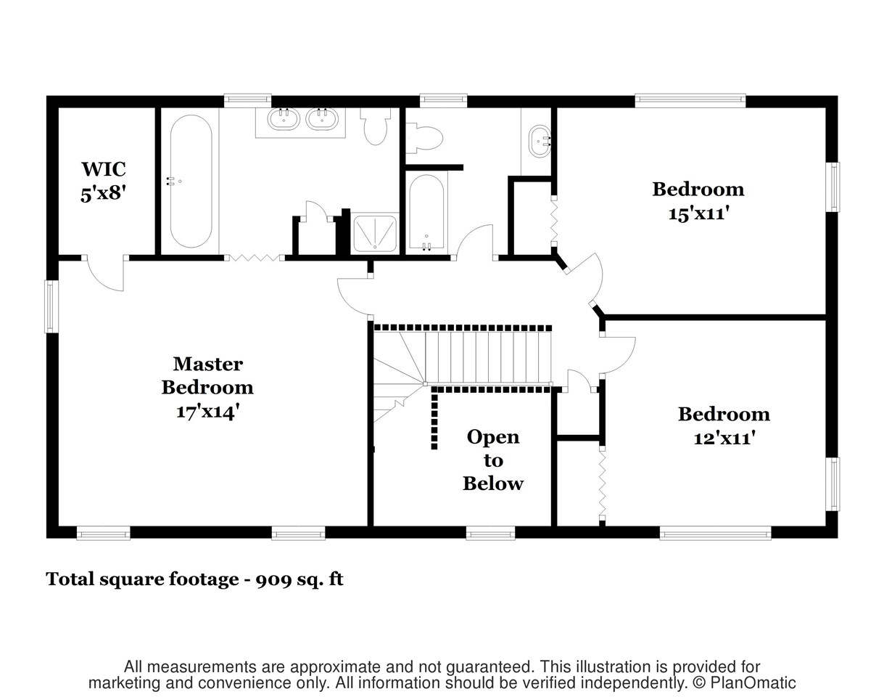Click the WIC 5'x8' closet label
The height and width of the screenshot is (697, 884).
(103, 182)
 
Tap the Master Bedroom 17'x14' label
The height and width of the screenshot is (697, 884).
(207, 388)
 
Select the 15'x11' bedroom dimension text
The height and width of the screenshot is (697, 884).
(698, 213)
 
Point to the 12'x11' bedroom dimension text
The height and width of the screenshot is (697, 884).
(724, 438)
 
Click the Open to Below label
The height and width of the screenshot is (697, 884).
(493, 460)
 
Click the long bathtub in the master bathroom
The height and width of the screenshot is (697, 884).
(191, 182)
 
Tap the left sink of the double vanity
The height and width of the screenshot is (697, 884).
(284, 119)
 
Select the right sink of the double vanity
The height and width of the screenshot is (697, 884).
(322, 119)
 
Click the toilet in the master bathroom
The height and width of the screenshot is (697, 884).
(375, 126)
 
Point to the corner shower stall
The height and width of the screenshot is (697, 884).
(375, 233)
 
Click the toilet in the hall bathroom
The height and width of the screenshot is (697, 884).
(424, 138)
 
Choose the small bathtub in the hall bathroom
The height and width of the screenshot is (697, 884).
(427, 212)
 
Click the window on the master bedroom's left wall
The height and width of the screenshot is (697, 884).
(51, 306)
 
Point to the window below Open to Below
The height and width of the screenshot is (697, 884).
(490, 534)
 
